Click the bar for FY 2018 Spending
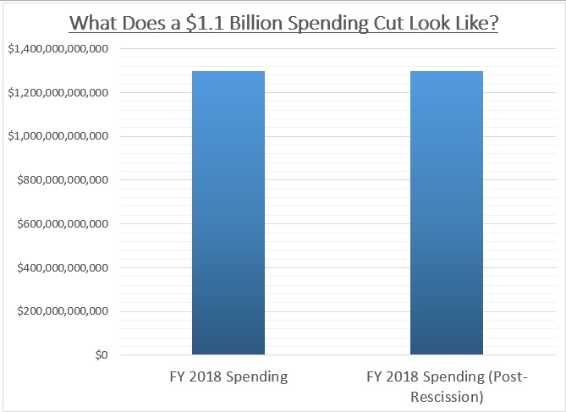(228, 212)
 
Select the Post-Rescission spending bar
(446, 212)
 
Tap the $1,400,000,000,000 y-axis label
(58, 49)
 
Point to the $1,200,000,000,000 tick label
(58, 92)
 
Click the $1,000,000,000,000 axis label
(58, 136)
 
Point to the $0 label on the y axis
(99, 355)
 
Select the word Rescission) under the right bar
(446, 395)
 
